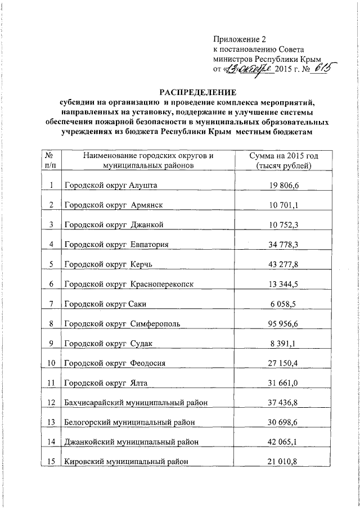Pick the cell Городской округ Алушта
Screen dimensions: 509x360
pyautogui.click(x=111, y=185)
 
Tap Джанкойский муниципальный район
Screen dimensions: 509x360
pyautogui.click(x=130, y=442)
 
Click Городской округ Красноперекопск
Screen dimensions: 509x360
pyautogui.click(x=129, y=284)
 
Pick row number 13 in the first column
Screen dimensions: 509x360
pyautogui.click(x=51, y=422)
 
